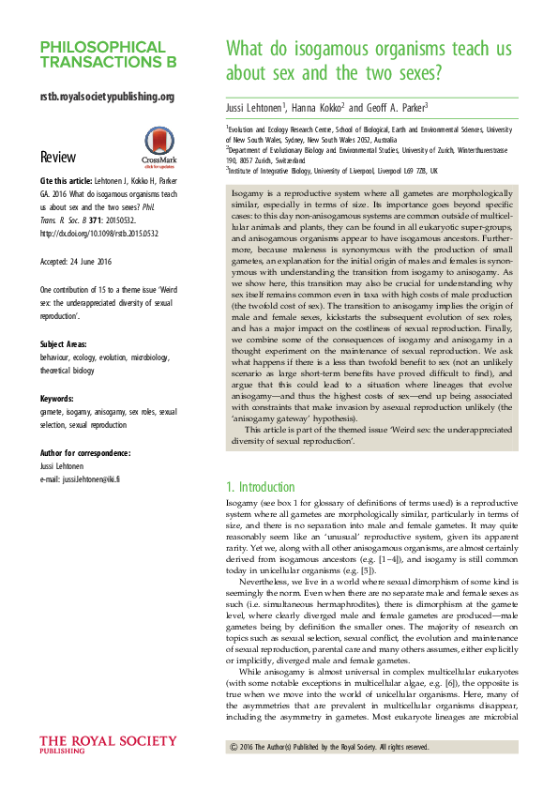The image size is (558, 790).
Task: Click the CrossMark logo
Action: (x=153, y=144)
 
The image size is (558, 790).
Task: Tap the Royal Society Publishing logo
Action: (x=92, y=744)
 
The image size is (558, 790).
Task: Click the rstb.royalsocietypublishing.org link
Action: (x=107, y=97)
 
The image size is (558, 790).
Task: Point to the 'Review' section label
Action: (x=58, y=157)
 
